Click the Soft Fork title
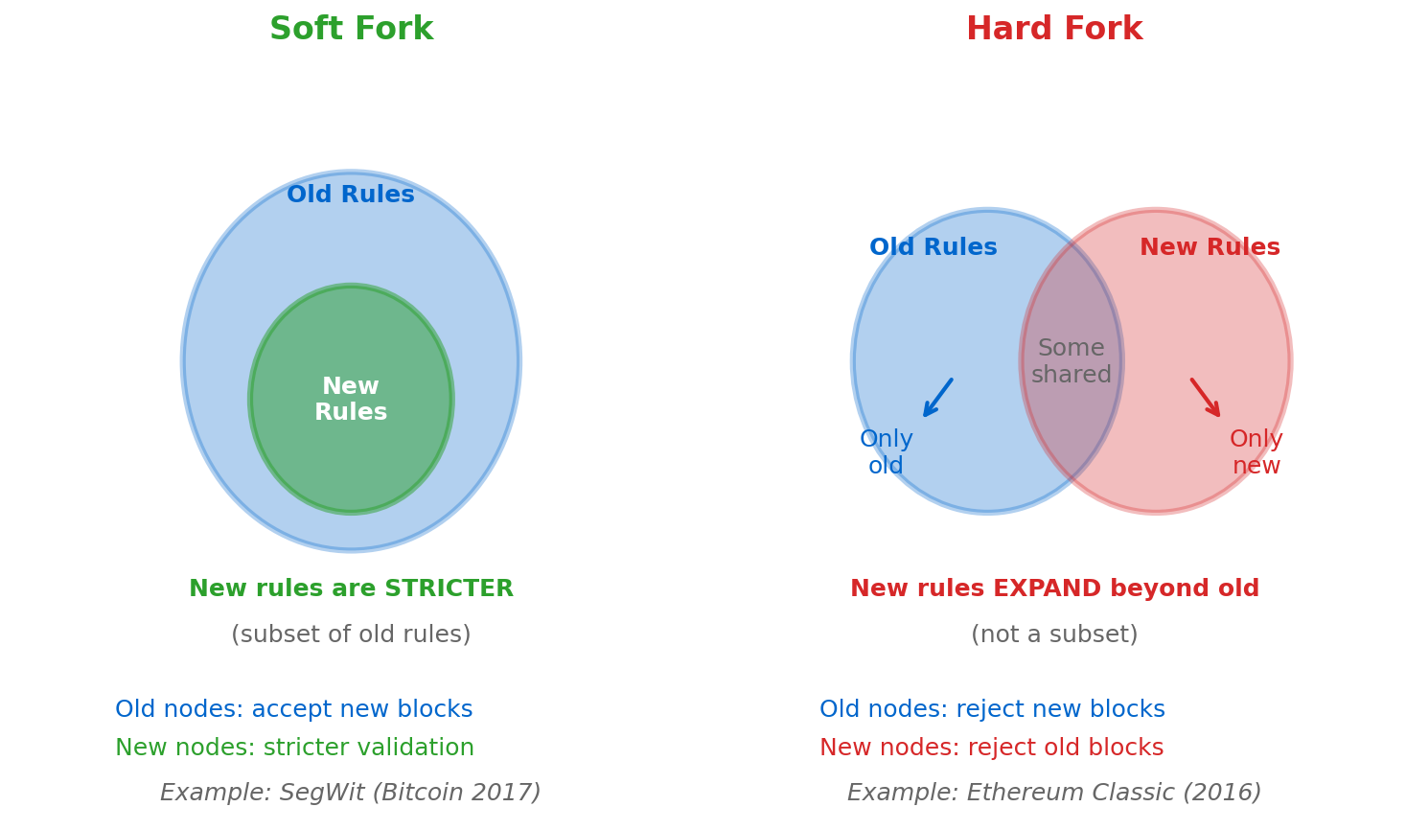pos(351,30)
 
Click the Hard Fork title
pos(1053,30)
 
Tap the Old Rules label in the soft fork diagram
pos(351,196)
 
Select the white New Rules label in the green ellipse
pos(351,400)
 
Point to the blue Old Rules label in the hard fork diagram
pos(933,248)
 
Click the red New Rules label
pos(1209,248)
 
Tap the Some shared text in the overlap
pos(1071,362)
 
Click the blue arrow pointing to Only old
pos(937,398)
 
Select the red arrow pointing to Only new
pos(1206,398)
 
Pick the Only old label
pos(886,453)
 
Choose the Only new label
pos(1256,453)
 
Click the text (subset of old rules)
pos(351,635)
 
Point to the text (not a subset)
pos(1053,635)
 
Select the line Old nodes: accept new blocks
pos(293,710)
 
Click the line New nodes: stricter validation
pos(294,749)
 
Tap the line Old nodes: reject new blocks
pos(992,710)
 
